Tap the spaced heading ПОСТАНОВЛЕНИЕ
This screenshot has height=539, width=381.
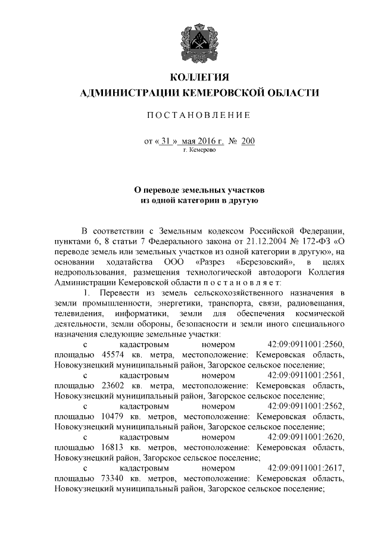199,114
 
